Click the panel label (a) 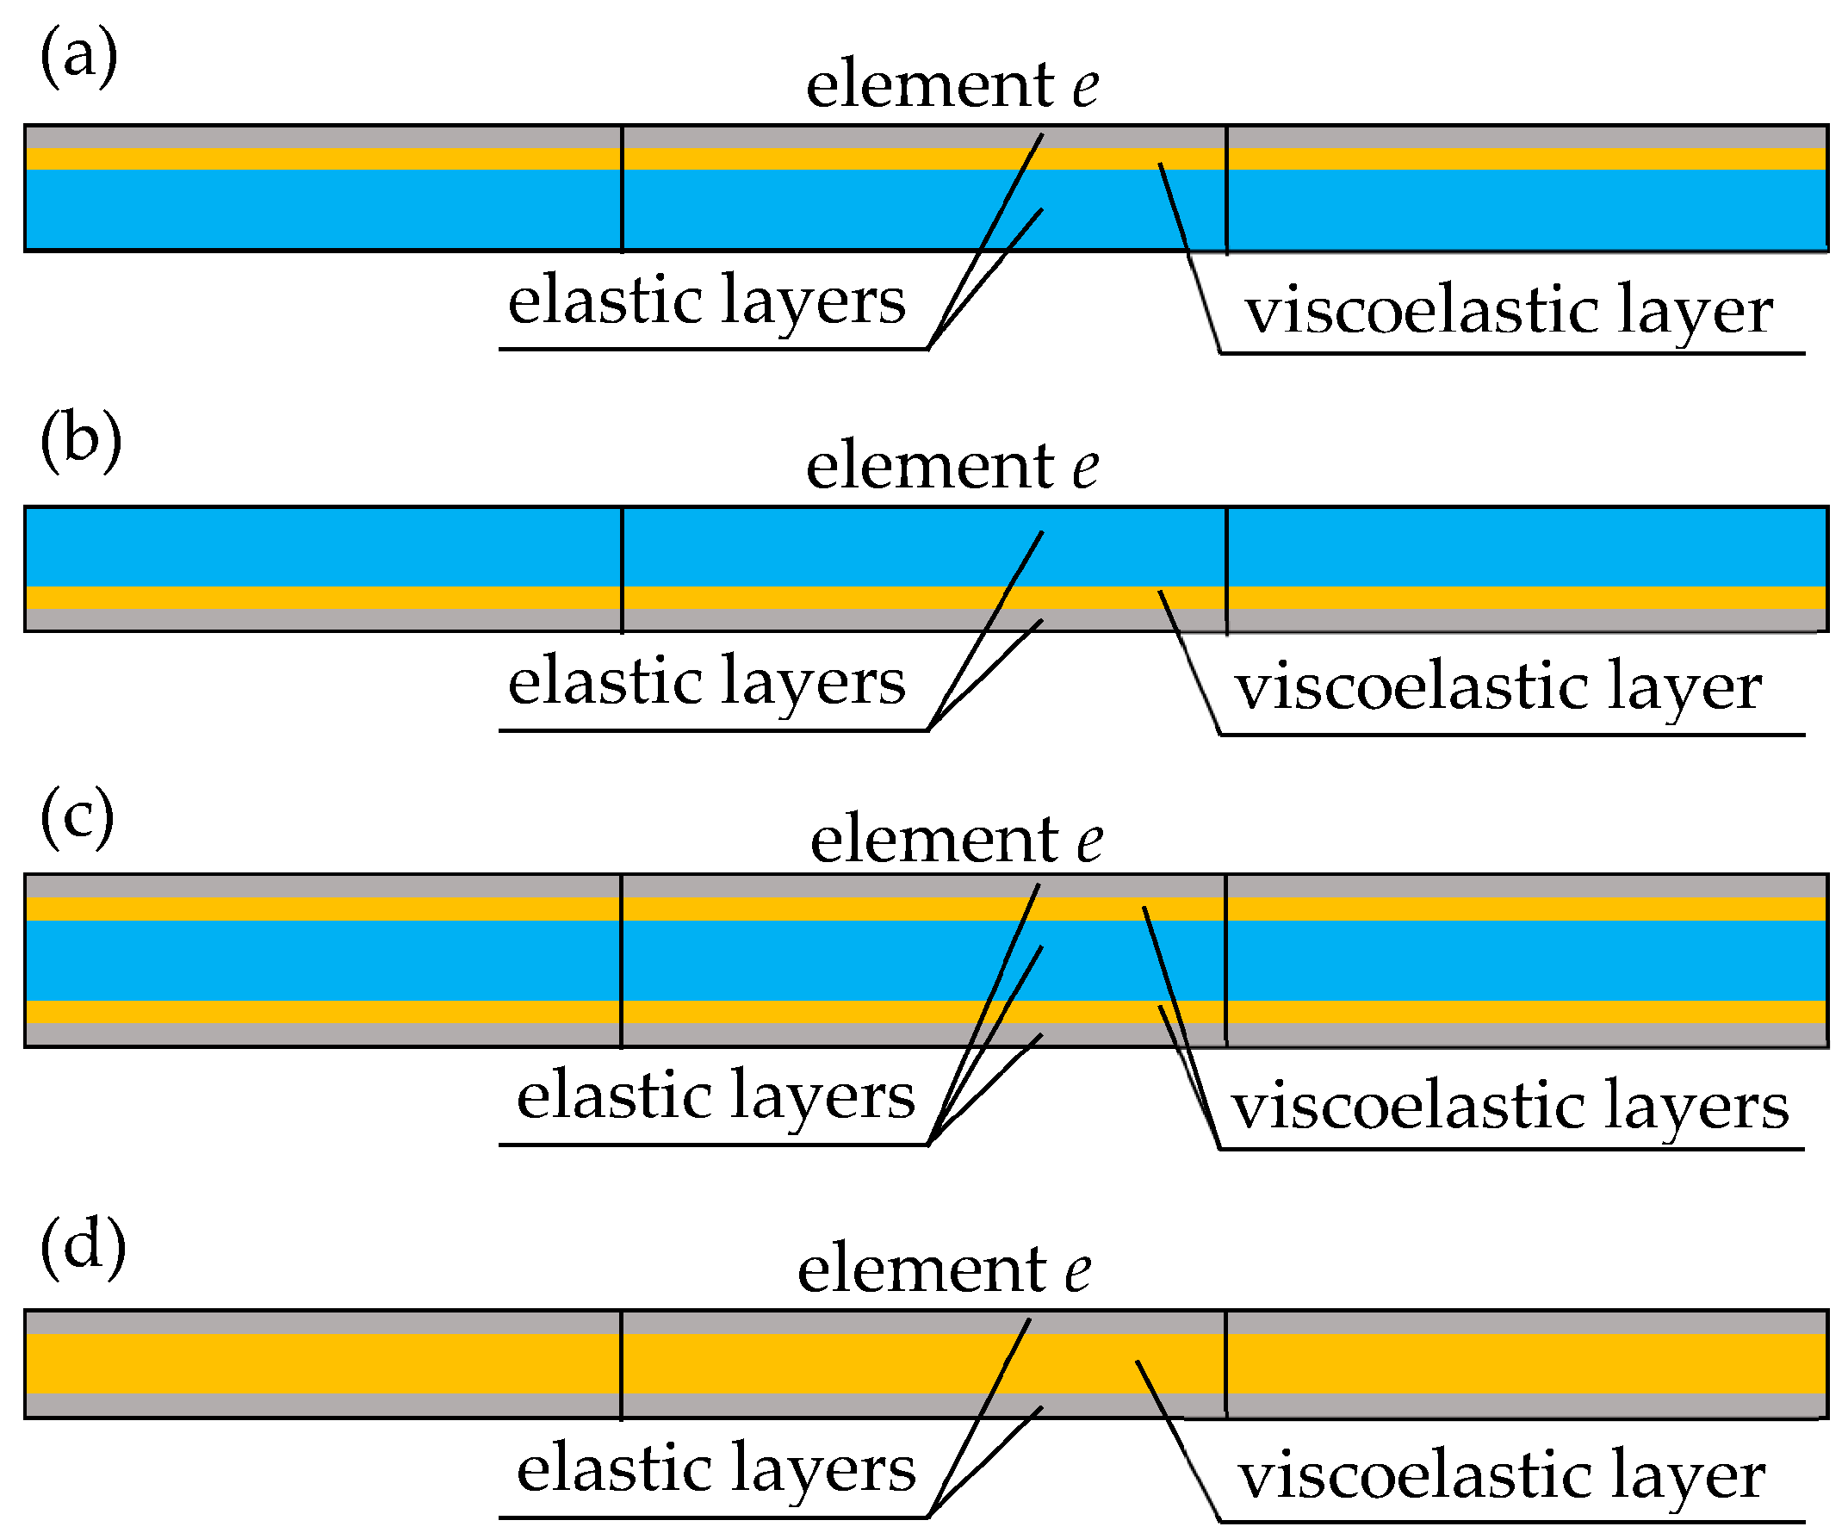(78, 56)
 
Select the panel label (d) (83, 1245)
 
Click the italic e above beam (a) (1086, 87)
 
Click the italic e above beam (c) (1090, 841)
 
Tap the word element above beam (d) (921, 1269)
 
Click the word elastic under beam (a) (606, 300)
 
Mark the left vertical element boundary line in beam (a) (622, 189)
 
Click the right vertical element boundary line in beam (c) (1226, 960)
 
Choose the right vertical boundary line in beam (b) (1226, 570)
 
